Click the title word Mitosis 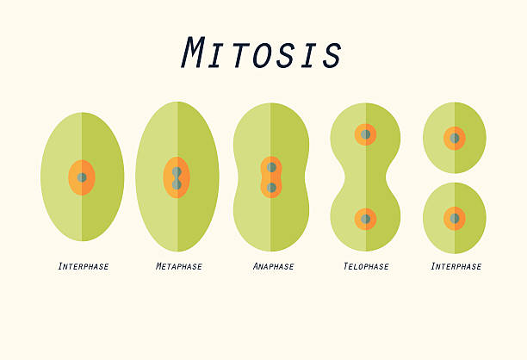(x=262, y=53)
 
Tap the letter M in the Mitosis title (x=193, y=53)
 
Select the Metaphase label (x=179, y=266)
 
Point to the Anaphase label (x=273, y=266)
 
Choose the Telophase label (x=366, y=266)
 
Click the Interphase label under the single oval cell (x=84, y=266)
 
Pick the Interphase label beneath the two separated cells (x=456, y=266)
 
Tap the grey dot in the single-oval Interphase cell (x=82, y=177)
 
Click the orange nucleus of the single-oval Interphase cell (x=82, y=177)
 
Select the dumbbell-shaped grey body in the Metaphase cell (x=177, y=178)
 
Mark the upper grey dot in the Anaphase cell (x=271, y=167)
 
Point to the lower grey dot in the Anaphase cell (x=271, y=188)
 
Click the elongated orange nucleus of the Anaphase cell (x=271, y=177)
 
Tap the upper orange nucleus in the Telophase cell (x=365, y=134)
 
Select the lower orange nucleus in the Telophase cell (x=365, y=219)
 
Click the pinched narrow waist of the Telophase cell (x=365, y=177)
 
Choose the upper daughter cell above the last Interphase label (x=455, y=138)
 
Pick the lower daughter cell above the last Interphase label (x=455, y=218)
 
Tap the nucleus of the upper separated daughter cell (x=455, y=138)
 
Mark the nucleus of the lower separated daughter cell (x=455, y=218)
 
